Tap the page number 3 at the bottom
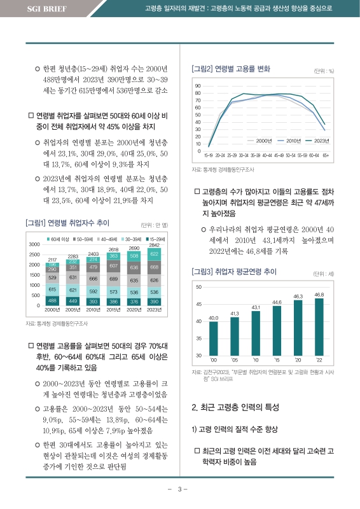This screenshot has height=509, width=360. pyautogui.click(x=180, y=489)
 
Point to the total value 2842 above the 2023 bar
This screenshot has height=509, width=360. pyautogui.click(x=154, y=245)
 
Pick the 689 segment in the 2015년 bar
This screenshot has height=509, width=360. pyautogui.click(x=113, y=279)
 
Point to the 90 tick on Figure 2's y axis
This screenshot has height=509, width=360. pyautogui.click(x=198, y=86)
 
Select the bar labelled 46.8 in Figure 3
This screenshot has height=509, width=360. pyautogui.click(x=319, y=328)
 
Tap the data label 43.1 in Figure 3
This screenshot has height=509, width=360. pyautogui.click(x=255, y=307)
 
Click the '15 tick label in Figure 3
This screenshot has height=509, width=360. pyautogui.click(x=276, y=360)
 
